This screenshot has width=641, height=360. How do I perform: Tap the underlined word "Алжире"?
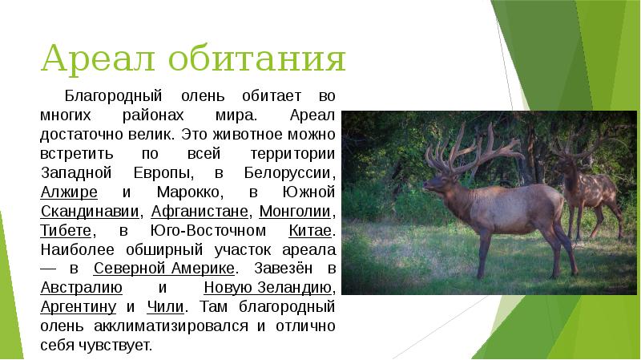point(68,192)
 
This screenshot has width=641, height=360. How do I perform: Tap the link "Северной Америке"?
point(164,268)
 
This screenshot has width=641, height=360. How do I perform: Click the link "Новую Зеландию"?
point(268,287)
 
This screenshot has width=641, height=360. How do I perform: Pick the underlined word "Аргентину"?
point(79,306)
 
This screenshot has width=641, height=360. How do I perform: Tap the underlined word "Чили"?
point(166,306)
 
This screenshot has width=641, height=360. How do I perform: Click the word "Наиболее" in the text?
point(73,249)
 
